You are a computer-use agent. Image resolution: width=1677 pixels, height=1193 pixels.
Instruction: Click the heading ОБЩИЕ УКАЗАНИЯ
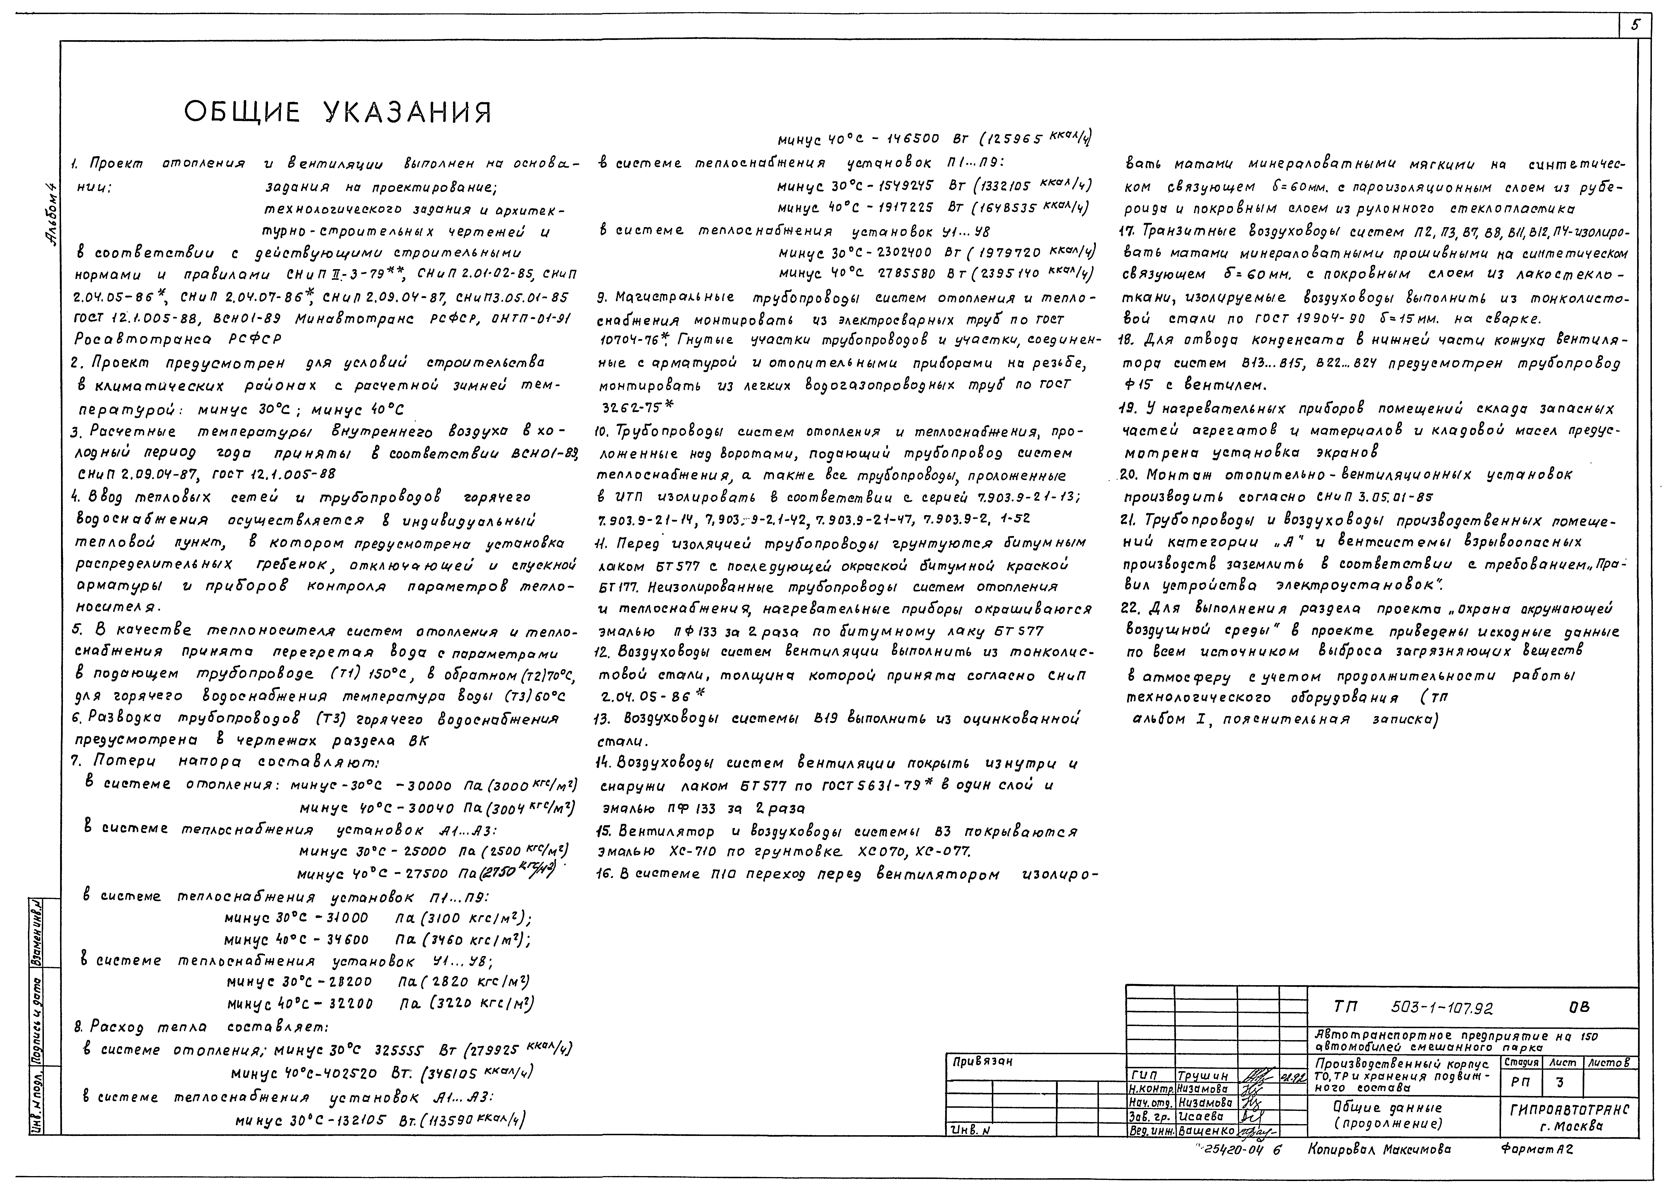(338, 112)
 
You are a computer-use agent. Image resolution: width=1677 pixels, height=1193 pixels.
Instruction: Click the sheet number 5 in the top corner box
(1635, 25)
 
